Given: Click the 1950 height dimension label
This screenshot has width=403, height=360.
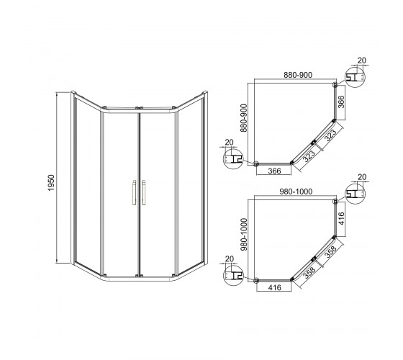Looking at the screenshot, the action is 51,183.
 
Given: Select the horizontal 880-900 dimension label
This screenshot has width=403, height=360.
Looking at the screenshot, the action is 298,75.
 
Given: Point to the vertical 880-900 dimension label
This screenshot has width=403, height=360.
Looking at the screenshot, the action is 244,118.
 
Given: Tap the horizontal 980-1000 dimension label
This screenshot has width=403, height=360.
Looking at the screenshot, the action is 296,192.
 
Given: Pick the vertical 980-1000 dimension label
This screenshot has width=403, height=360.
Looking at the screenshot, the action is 244,235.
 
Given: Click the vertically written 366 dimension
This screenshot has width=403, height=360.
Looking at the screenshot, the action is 341,102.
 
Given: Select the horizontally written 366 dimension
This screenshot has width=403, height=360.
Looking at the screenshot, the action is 274,171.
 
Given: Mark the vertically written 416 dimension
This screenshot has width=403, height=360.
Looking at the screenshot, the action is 341,219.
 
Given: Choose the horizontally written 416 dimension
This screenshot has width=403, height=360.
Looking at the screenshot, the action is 275,287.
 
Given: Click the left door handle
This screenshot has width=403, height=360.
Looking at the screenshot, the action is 134,192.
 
